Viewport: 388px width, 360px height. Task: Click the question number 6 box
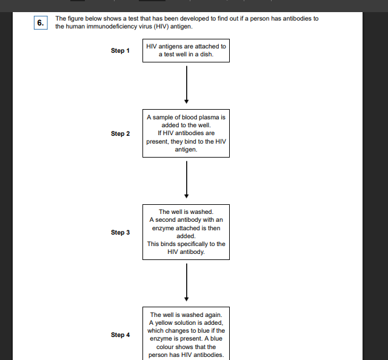(41, 23)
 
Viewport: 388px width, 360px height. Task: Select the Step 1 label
(120, 51)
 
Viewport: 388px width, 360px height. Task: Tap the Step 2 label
(120, 133)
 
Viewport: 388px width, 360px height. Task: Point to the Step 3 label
(120, 233)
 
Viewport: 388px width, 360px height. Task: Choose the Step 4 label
(120, 335)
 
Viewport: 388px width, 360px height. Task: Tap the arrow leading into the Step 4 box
(186, 282)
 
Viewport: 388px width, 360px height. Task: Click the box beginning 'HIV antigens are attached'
(186, 50)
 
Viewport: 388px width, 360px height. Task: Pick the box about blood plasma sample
(186, 133)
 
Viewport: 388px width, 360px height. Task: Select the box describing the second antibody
(186, 232)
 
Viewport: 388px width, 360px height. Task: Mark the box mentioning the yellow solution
(186, 335)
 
